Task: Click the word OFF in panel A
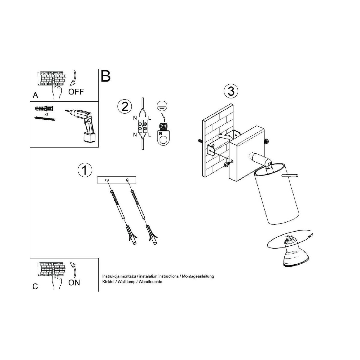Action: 76,92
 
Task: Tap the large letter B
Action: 106,76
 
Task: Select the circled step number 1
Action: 85,170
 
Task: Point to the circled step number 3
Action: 231,91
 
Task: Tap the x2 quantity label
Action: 46,114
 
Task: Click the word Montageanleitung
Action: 198,276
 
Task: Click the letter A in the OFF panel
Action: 35,95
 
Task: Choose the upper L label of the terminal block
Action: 150,118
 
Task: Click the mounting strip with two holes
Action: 117,180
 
